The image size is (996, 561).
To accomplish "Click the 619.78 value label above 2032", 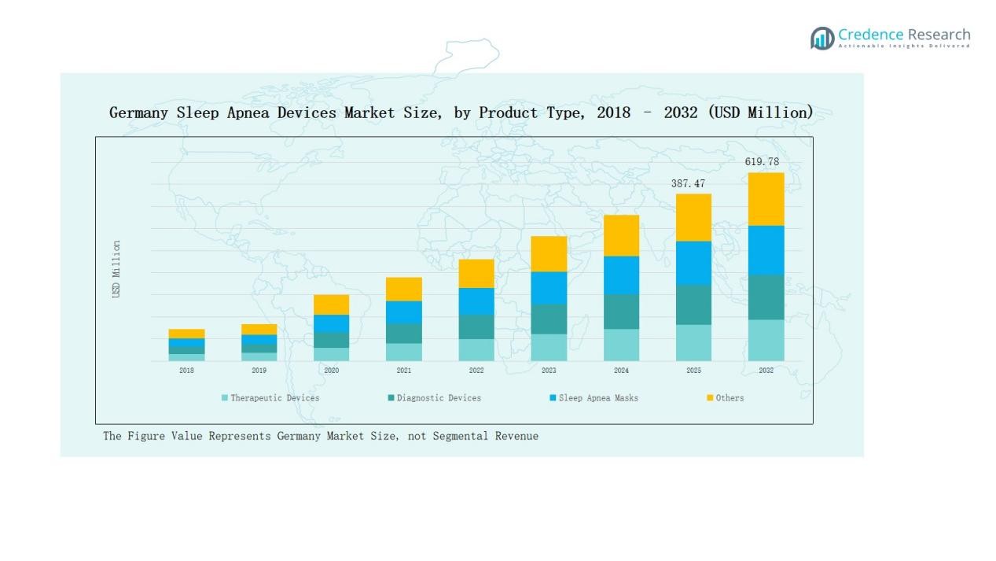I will coord(762,162).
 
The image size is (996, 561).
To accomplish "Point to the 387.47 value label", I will coord(688,183).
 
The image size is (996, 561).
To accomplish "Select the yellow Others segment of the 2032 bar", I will coord(766,199).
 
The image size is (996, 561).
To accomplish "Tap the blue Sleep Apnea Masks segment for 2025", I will coord(693,263).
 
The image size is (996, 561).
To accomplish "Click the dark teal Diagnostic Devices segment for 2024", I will coord(621,312).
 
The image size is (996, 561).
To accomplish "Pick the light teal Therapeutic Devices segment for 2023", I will coord(549,347).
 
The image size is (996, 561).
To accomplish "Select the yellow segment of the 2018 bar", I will coord(186,334).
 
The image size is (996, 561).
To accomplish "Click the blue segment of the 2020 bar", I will coord(331,323).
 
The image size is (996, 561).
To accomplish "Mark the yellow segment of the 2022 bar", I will coord(476,273).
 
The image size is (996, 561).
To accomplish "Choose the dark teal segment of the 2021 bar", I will coord(403,333).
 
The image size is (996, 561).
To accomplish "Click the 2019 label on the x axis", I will coord(259,371).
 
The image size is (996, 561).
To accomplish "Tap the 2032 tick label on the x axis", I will coord(766,371).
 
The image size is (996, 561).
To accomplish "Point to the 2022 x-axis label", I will coord(476,371).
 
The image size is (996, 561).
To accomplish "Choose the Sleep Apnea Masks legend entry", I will coord(598,398).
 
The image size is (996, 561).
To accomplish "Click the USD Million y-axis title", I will coord(116,269).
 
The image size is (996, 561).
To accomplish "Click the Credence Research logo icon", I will coord(822,38).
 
